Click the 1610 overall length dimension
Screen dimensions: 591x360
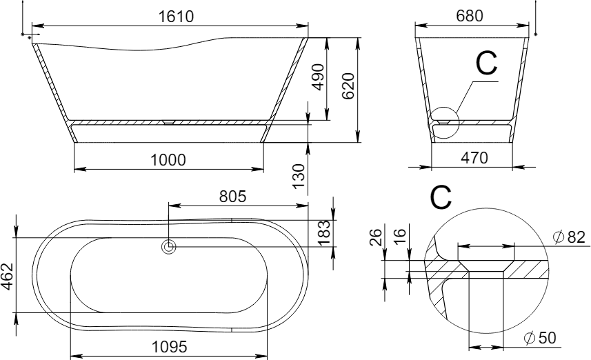(x=176, y=17)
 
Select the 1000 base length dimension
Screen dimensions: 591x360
(x=168, y=160)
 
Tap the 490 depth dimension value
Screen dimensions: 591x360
(x=319, y=77)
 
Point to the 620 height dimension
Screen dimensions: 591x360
(x=348, y=86)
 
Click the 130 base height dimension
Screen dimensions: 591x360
(x=299, y=177)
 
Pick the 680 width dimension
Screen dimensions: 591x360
(x=469, y=16)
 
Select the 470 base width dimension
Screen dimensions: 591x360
(x=474, y=158)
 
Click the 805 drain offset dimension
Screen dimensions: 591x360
(x=232, y=197)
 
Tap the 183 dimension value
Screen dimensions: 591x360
(x=324, y=232)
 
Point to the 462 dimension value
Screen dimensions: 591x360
(x=7, y=277)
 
